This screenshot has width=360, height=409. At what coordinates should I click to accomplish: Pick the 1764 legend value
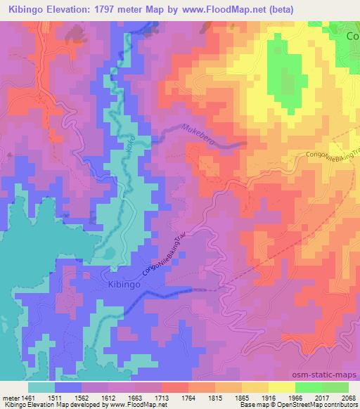(x=189, y=396)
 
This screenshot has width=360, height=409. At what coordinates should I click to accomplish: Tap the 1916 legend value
(x=269, y=396)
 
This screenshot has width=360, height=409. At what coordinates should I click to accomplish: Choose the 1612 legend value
(x=109, y=396)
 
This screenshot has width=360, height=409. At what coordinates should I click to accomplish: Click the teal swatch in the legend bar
(x=41, y=387)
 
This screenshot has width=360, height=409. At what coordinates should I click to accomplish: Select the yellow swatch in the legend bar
(x=282, y=387)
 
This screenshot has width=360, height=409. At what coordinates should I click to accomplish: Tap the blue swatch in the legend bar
(x=68, y=387)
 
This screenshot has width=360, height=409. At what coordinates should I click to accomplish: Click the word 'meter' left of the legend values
(x=10, y=396)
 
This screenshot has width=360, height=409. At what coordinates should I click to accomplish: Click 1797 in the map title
(x=126, y=9)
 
